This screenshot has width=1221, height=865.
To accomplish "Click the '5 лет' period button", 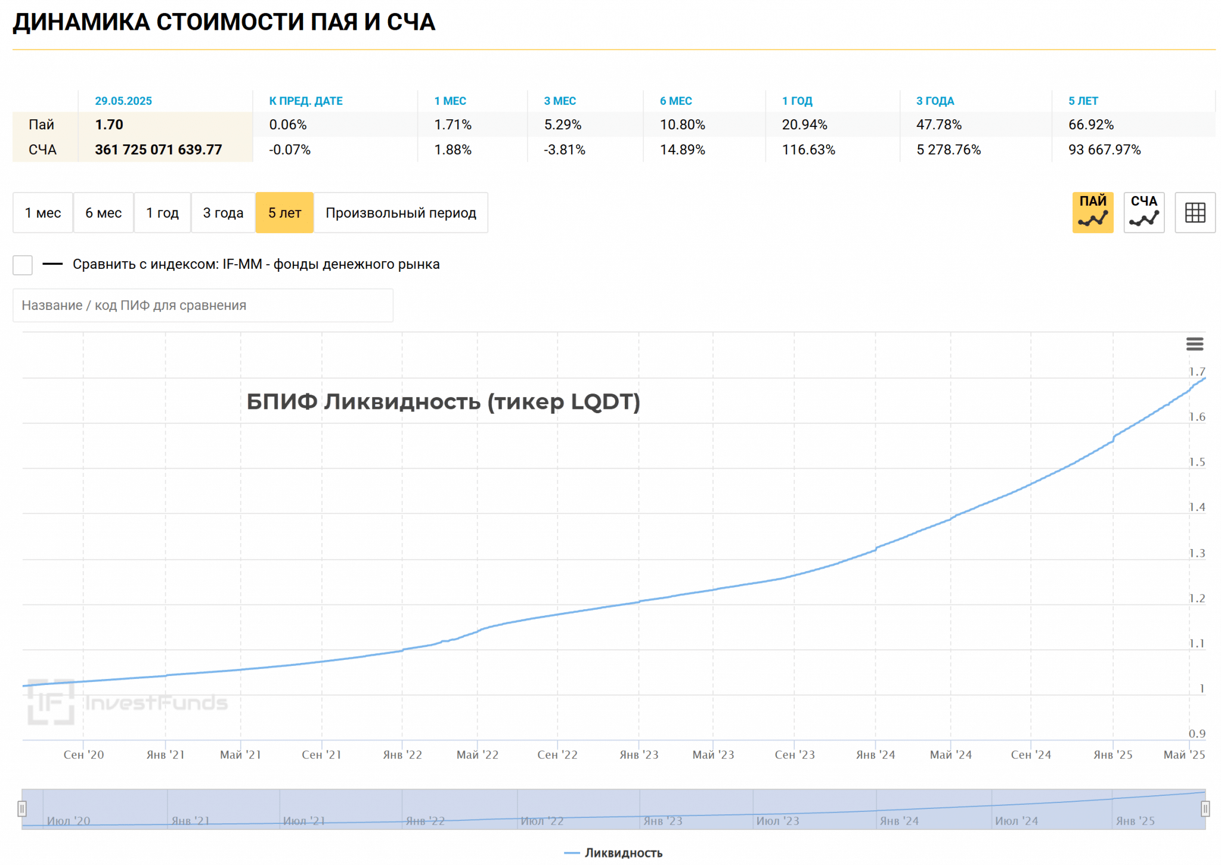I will tap(284, 213).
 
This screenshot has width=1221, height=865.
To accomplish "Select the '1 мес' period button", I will tap(43, 213).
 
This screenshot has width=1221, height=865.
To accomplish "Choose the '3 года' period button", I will tap(223, 213).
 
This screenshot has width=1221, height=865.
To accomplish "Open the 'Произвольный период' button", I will tap(401, 213).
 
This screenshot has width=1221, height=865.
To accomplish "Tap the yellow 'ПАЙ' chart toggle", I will tap(1092, 212).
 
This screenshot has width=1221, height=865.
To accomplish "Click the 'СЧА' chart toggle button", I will tap(1143, 212).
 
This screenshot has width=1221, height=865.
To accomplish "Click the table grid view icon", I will tap(1195, 212).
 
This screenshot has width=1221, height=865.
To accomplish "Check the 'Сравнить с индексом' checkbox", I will tap(23, 265).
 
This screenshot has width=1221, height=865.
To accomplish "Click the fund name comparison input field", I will tap(203, 305).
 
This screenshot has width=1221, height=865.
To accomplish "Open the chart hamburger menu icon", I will tap(1194, 344).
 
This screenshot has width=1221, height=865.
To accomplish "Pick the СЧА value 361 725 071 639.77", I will tap(158, 150).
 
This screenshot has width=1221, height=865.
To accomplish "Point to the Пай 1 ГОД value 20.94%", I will tap(804, 125).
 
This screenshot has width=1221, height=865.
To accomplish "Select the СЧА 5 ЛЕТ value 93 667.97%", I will tap(1104, 150).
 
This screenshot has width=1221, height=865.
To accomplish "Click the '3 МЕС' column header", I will tap(559, 101).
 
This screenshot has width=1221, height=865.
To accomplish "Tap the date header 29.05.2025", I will tap(123, 101).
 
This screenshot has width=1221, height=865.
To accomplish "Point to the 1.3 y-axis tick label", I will tap(1197, 553).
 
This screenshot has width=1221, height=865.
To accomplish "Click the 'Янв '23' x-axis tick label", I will tap(639, 755).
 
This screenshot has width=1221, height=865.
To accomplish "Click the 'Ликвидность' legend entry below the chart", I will tap(622, 853).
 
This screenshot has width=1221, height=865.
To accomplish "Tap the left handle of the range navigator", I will tap(22, 809).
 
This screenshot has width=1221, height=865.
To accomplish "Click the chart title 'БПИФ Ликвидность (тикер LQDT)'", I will tap(443, 402).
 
